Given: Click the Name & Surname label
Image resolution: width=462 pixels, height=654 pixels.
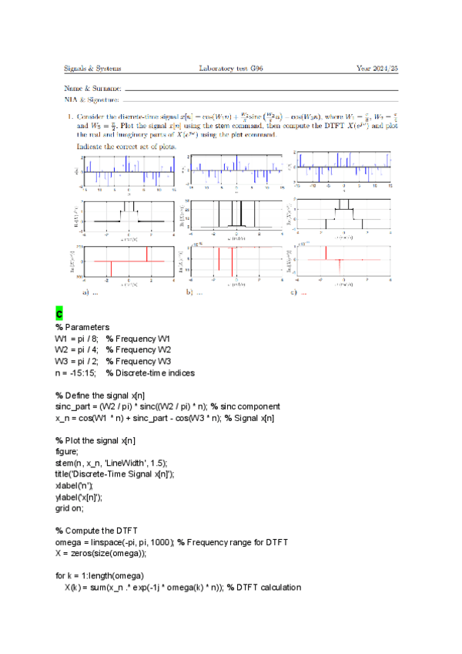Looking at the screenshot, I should click(92, 89).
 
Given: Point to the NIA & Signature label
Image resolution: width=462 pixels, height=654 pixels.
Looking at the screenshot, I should click(92, 99).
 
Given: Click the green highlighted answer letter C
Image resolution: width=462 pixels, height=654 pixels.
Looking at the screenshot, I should click(59, 315).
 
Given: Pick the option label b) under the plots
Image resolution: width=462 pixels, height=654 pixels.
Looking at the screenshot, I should click(189, 293).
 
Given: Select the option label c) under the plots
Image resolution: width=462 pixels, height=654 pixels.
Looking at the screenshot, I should click(295, 293).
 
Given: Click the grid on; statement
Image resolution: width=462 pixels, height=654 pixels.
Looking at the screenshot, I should click(69, 508).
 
